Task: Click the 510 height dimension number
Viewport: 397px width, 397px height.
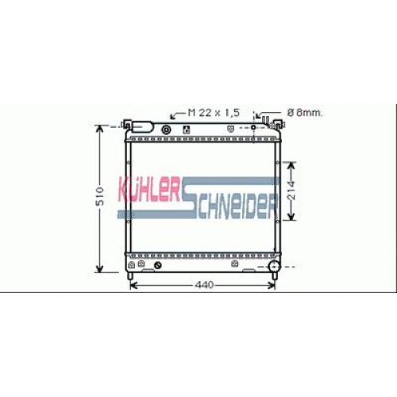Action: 100,196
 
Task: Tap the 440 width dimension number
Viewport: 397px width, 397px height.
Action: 204,285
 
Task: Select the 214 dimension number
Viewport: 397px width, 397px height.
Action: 291,191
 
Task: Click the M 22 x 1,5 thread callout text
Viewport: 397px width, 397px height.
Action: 214,113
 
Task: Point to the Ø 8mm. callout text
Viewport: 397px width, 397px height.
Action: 305,113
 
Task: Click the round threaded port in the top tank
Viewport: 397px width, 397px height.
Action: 166,130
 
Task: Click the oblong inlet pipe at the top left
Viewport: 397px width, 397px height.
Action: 142,127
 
